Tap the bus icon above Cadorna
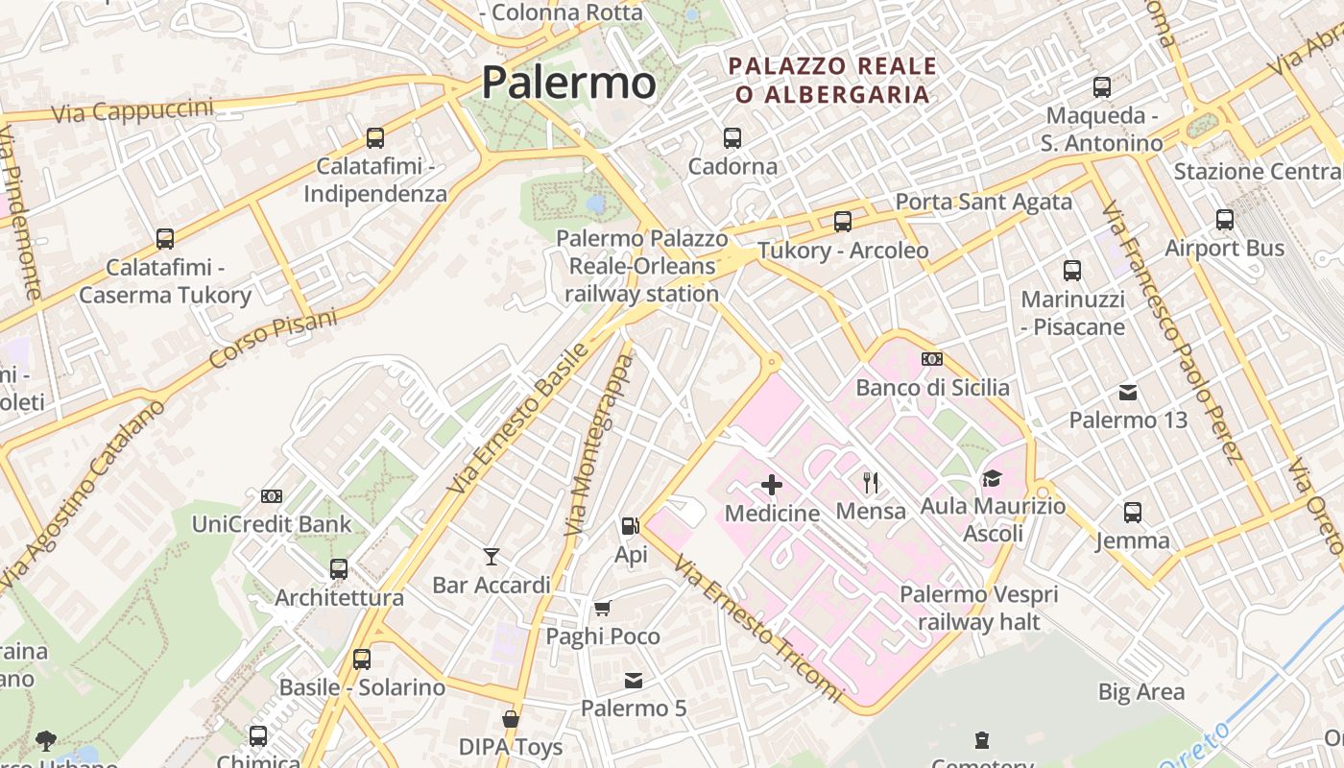pos(732,138)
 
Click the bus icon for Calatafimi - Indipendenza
pos(375,138)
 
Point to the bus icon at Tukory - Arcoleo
pos(843,222)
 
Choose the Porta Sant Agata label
pos(983,202)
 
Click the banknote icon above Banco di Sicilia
pos(931,359)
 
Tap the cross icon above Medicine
pos(772,485)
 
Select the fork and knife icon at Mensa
pos(871,482)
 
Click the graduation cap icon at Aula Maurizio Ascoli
pos(992,477)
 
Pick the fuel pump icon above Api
pos(630,526)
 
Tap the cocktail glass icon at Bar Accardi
pos(492,556)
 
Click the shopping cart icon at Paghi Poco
pos(603,608)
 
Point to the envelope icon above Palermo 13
pos(1128,392)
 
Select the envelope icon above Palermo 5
pos(634,681)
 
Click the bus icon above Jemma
pos(1133,512)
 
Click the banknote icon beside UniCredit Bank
pos(272,496)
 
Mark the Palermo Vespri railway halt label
pos(978,608)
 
